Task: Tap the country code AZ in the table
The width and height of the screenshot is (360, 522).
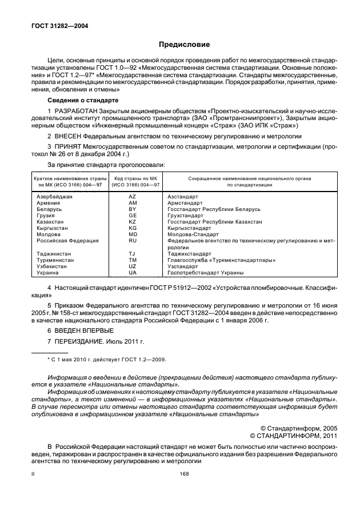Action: click(133, 196)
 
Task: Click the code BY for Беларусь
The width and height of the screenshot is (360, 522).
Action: click(133, 209)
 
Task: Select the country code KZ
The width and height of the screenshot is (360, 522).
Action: click(133, 222)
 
